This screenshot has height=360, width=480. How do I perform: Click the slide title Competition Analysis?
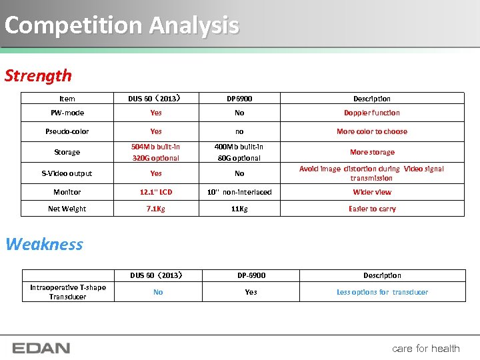[x=121, y=25]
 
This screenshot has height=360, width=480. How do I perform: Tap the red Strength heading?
[x=38, y=75]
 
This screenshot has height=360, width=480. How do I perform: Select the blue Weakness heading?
[x=44, y=244]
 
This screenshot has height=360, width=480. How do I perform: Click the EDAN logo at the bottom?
[x=41, y=348]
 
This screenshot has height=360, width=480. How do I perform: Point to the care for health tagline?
[x=425, y=348]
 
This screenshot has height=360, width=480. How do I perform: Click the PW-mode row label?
[x=67, y=113]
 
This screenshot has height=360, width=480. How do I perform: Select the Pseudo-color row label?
[x=67, y=131]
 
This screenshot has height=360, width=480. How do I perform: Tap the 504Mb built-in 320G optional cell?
[x=155, y=152]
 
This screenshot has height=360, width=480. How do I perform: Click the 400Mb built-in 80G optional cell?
[x=239, y=152]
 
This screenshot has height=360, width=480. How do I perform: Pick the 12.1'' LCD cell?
[x=156, y=192]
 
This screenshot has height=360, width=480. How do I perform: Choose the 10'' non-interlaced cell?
[x=239, y=192]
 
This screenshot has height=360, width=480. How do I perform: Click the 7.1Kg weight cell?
[x=156, y=209]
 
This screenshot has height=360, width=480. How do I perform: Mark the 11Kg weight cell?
[x=239, y=209]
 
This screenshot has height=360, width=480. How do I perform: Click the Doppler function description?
[x=372, y=113]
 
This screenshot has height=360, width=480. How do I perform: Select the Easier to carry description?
[x=372, y=209]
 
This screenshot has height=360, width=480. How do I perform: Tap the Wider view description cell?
[x=372, y=192]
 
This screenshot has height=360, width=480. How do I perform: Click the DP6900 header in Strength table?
[x=239, y=99]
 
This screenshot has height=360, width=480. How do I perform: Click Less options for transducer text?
[x=382, y=292]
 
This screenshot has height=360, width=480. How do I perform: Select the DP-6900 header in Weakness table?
[x=251, y=275]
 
